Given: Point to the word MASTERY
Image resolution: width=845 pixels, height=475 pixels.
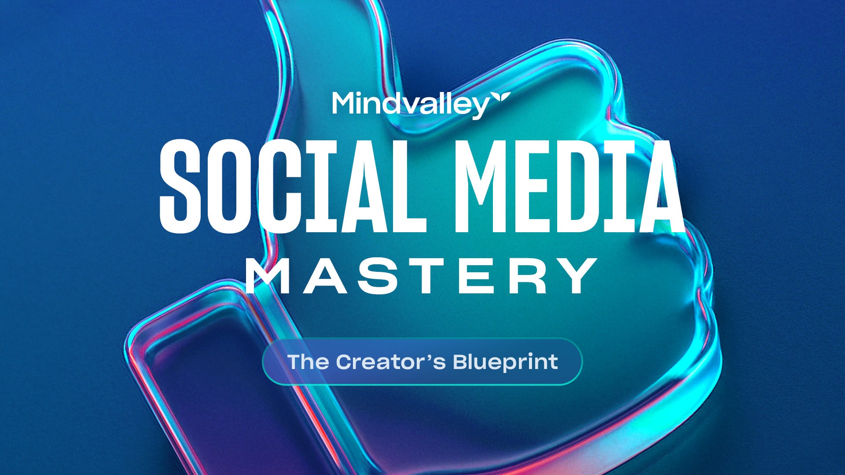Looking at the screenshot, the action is point(421,276).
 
